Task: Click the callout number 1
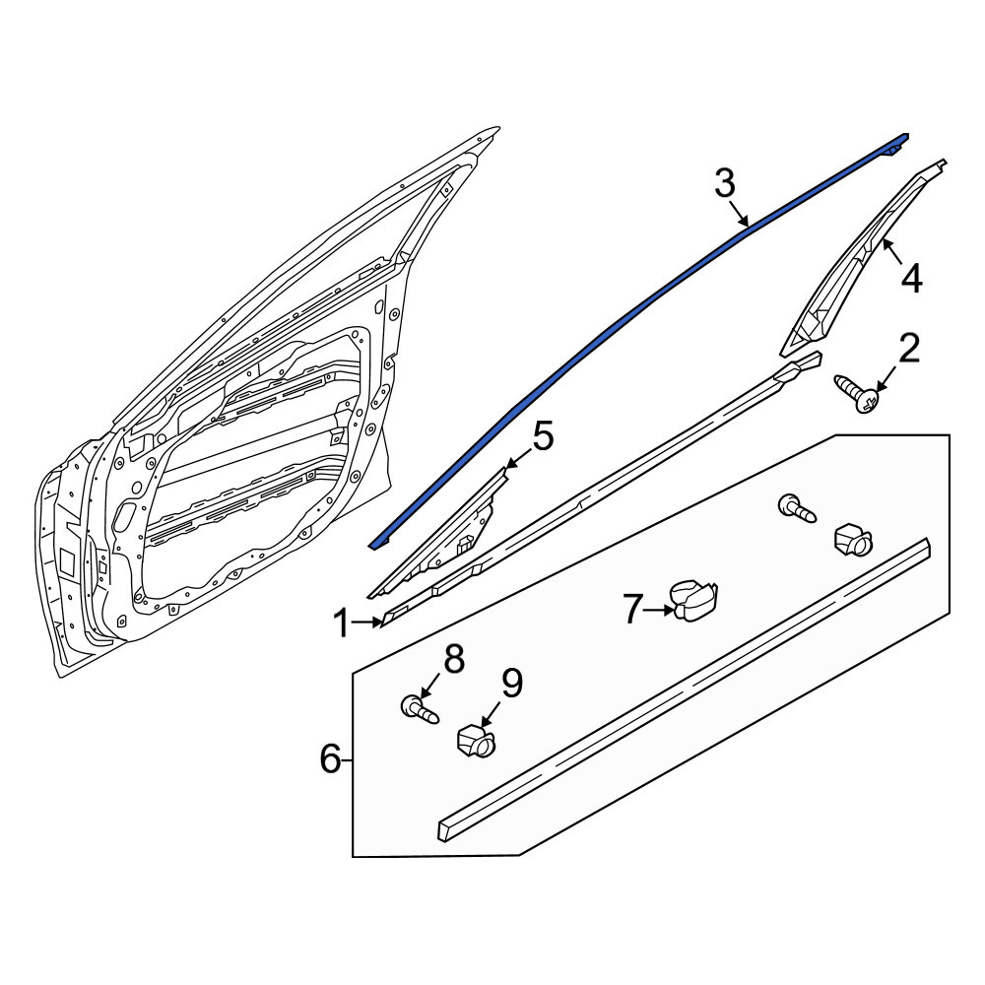point(341,624)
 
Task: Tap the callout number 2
point(908,349)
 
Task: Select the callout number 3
point(724,184)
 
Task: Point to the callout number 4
point(911,279)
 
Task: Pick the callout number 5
point(543,436)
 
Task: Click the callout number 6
point(330,759)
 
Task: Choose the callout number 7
point(632,609)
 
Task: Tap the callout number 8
point(453,660)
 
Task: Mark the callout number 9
point(512,684)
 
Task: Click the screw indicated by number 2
point(855,393)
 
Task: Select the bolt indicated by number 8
point(419,710)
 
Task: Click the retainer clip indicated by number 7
point(693,599)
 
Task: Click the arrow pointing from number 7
point(660,609)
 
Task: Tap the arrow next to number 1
point(367,623)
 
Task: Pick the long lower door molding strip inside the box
point(684,689)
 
